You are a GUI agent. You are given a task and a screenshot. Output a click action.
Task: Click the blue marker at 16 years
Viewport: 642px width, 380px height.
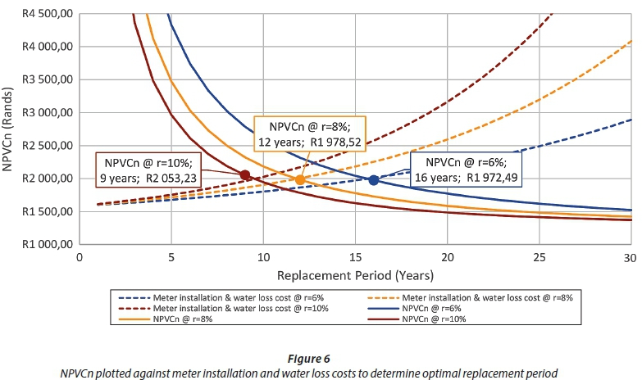pyautogui.click(x=374, y=180)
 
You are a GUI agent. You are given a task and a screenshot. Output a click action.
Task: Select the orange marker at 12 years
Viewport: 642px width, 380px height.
pyautogui.click(x=300, y=180)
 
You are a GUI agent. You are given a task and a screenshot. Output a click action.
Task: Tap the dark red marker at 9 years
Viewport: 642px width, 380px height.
pyautogui.click(x=245, y=174)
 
